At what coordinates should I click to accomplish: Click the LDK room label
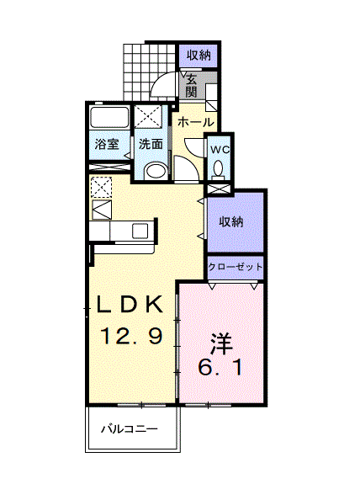[130, 305]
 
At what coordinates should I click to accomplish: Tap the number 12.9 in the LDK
[131, 336]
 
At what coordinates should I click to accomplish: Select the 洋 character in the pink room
[221, 344]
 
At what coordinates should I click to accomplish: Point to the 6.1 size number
[220, 368]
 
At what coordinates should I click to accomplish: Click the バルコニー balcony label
[130, 428]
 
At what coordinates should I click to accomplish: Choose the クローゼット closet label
[236, 267]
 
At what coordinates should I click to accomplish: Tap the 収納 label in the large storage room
[231, 221]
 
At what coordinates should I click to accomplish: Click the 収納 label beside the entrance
[199, 56]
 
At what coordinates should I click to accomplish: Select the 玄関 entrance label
[192, 87]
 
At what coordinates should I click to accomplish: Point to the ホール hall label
[196, 123]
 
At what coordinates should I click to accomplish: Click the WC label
[220, 150]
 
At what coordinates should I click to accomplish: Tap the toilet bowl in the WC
[219, 169]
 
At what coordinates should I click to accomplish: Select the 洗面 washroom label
[151, 144]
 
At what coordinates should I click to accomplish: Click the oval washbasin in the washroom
[156, 171]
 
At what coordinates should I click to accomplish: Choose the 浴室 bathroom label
[107, 144]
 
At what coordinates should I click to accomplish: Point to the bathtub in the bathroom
[109, 117]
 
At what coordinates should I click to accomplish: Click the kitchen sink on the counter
[140, 231]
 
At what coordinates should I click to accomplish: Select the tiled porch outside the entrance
[149, 72]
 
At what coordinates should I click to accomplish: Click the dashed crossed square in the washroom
[148, 116]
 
